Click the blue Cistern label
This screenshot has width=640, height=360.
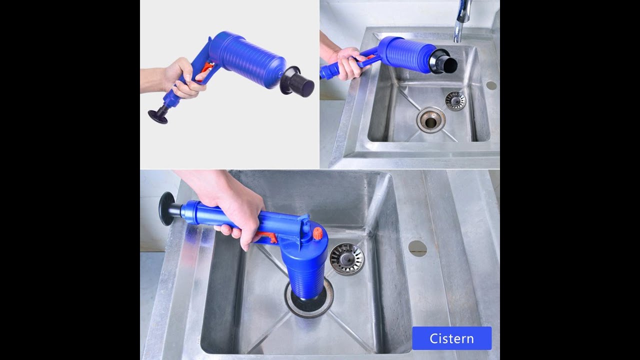(x=451, y=338)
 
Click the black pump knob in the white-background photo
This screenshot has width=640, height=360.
(x=158, y=116)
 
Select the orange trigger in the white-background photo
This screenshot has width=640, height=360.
(x=205, y=73)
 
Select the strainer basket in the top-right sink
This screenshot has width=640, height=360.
(x=455, y=101)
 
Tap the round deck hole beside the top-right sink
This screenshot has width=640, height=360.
(x=491, y=85)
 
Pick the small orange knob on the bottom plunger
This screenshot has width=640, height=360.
(x=316, y=233)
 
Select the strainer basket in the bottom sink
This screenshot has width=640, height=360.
(x=347, y=259)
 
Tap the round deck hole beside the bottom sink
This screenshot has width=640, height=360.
(x=417, y=248)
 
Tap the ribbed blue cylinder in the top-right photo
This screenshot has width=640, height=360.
(x=405, y=52)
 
